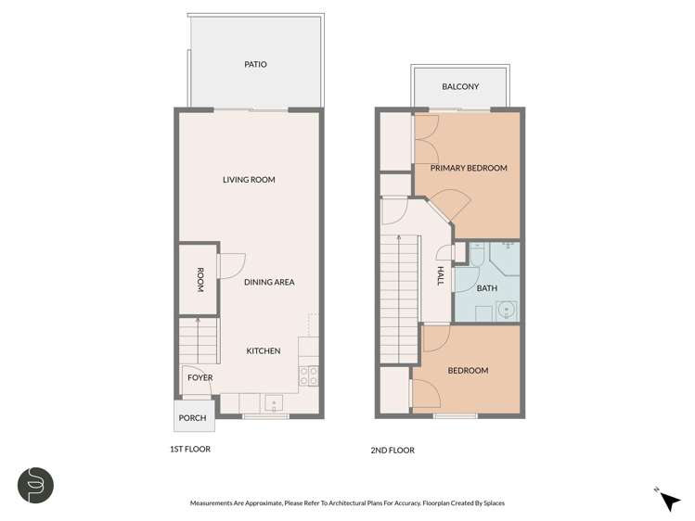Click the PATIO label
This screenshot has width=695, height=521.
coord(255,65)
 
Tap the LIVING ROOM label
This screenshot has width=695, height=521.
coord(249,180)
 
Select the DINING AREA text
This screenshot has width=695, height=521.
coord(269,282)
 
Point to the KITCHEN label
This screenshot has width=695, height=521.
coord(263,350)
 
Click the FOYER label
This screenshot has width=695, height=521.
coord(199,377)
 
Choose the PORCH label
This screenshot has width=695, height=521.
coord(192,418)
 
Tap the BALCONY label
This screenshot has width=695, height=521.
coord(459,87)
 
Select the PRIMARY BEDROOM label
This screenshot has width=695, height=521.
coord(469,168)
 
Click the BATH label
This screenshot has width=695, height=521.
coord(486,288)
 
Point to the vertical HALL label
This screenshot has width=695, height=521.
coord(441,275)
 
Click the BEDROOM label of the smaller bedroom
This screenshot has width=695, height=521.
coord(468,371)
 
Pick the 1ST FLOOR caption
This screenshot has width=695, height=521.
coord(191,450)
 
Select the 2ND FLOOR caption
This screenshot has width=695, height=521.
coord(392,450)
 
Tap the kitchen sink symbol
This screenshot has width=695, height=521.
coord(274,402)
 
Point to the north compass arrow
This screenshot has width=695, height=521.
coord(668,501)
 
